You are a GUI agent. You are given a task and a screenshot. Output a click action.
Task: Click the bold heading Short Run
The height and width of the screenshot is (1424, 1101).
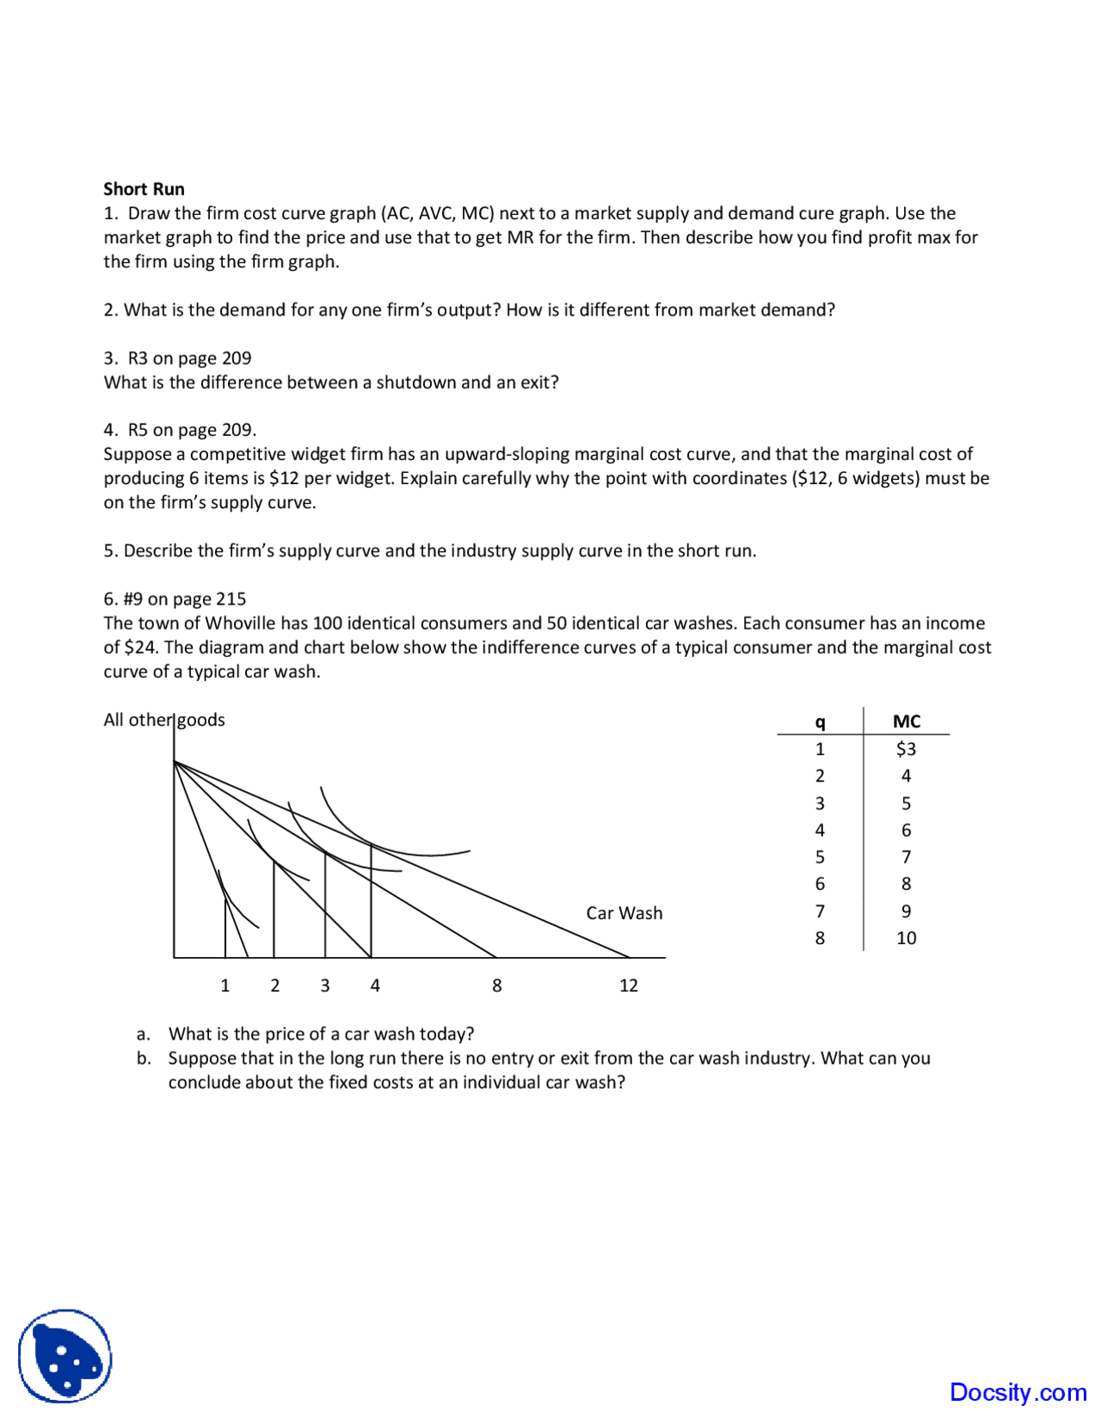click(x=144, y=189)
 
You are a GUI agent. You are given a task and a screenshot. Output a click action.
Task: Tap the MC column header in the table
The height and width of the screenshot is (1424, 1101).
click(x=906, y=721)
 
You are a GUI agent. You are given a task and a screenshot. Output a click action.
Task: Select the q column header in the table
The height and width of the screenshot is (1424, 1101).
click(x=820, y=722)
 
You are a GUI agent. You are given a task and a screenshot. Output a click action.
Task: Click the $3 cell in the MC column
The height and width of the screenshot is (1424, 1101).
click(x=906, y=749)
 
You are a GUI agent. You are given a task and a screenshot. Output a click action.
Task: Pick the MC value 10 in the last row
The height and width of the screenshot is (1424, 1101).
click(x=906, y=938)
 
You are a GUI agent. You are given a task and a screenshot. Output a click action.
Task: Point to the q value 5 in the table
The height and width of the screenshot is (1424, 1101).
click(x=820, y=857)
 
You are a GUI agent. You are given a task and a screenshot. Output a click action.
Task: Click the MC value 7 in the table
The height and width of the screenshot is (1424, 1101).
click(x=906, y=857)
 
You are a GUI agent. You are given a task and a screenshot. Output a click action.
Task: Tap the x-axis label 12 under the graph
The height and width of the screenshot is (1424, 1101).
click(x=629, y=985)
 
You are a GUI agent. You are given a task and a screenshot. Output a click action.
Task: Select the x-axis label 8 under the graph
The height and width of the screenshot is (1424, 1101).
click(x=496, y=985)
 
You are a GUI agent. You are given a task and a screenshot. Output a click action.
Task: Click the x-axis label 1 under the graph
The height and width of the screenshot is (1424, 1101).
click(x=225, y=985)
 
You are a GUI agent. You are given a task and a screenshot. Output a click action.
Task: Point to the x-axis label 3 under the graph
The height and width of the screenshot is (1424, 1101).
click(x=325, y=985)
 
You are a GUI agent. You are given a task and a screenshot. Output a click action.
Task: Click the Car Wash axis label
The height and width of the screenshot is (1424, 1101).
click(x=624, y=913)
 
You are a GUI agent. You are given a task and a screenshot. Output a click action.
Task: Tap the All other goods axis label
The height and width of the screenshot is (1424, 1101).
click(x=164, y=720)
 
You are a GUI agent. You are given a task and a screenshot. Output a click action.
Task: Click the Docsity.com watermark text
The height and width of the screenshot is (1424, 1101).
click(x=1018, y=1392)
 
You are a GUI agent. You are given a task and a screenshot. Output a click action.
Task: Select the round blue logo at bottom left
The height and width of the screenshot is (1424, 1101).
click(x=65, y=1356)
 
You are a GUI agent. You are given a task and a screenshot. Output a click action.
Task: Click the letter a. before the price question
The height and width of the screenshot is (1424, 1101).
click(x=144, y=1034)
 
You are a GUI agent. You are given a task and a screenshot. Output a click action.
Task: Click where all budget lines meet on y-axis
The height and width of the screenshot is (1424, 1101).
click(x=175, y=762)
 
